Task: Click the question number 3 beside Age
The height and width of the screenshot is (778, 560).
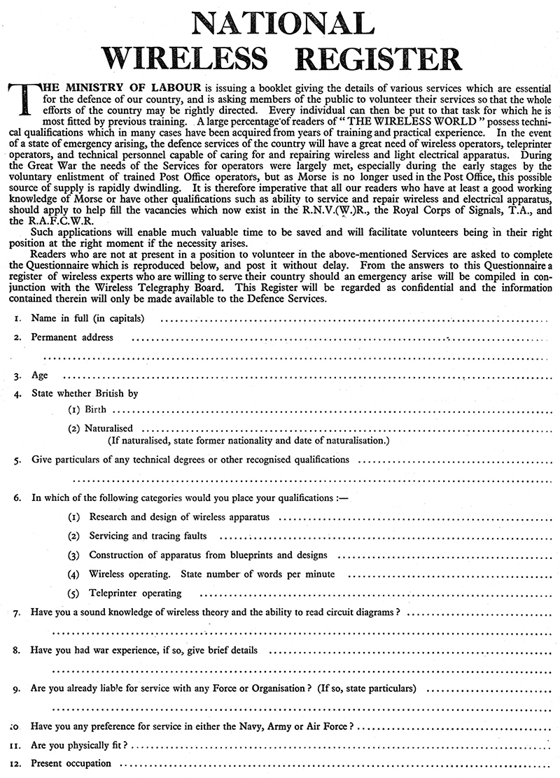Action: click(x=16, y=376)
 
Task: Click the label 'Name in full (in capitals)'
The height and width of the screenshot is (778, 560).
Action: click(x=87, y=319)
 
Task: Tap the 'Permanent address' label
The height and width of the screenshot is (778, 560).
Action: click(x=71, y=337)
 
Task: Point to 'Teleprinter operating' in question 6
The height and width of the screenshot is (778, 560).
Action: click(x=135, y=593)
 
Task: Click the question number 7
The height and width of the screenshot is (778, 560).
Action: click(x=16, y=613)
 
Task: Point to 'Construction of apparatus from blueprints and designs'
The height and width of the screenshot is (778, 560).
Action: click(x=208, y=555)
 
